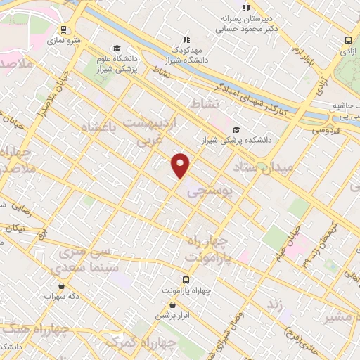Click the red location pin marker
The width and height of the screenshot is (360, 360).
pos(181,165)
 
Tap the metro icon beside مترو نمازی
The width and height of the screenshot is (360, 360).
pos(64,30)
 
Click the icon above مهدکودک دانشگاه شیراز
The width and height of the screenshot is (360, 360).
pos(186,40)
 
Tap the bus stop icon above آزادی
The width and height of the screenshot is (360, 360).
pos(348,41)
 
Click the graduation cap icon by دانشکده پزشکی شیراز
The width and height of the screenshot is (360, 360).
pos(236,130)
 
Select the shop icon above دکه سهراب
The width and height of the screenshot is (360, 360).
pos(62,286)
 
